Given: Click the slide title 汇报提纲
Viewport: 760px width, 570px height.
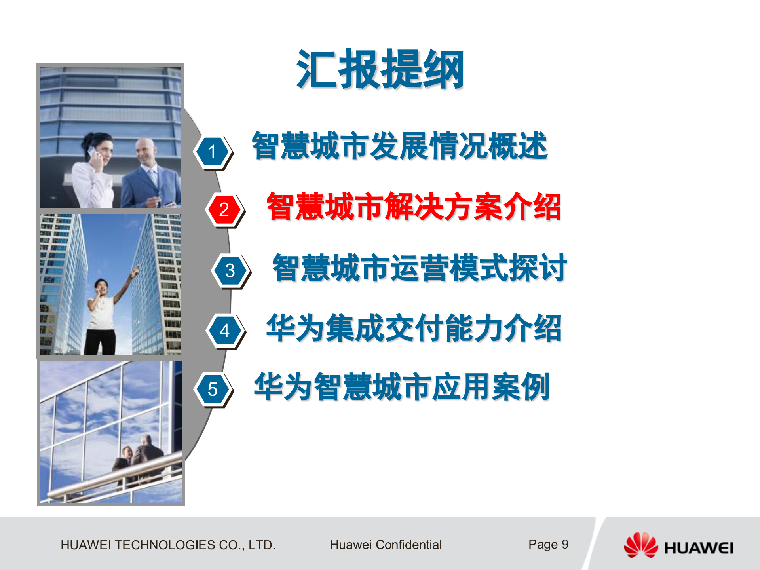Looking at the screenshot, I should click(x=380, y=70).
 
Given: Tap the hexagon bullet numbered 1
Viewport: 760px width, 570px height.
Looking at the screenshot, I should click(x=213, y=152).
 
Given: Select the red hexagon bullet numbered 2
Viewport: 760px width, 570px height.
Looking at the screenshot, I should click(x=224, y=209).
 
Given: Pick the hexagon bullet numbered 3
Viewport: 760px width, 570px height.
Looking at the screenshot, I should click(x=230, y=271).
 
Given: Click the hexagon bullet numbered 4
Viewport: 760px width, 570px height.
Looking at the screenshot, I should click(x=225, y=331).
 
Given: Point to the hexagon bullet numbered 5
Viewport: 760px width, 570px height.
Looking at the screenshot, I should click(x=213, y=389).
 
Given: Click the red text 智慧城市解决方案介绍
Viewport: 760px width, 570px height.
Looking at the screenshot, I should click(x=414, y=207).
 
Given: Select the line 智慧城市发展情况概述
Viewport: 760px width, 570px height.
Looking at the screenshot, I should click(x=400, y=146).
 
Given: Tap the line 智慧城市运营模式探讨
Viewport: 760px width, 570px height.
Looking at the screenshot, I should click(x=420, y=268).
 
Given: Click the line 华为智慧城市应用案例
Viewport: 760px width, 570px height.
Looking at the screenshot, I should click(x=402, y=387).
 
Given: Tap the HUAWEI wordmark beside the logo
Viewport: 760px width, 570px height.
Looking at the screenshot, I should click(x=699, y=548).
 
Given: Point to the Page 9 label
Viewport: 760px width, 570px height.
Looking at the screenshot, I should click(x=548, y=545).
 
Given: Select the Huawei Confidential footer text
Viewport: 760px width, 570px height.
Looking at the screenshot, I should click(x=386, y=545).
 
